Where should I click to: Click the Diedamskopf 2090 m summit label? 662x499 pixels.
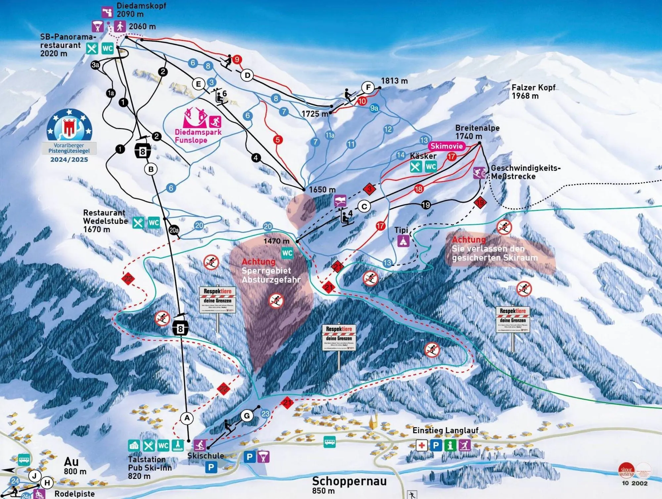click(141, 10)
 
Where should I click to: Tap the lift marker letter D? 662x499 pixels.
click(247, 75)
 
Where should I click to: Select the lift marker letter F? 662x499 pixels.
click(368, 88)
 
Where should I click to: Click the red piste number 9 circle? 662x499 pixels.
click(237, 60)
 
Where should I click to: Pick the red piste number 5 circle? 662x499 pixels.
click(278, 140)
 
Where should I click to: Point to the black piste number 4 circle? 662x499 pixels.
click(256, 158)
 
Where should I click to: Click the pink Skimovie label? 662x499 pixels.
click(446, 146)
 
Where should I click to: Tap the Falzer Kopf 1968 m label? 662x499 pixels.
click(533, 92)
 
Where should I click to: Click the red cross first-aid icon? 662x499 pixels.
click(421, 445)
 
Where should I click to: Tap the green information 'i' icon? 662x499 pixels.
click(450, 445)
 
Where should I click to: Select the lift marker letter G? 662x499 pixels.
click(247, 416)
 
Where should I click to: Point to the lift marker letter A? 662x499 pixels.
click(187, 418)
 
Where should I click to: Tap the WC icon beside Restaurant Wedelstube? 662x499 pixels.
click(154, 223)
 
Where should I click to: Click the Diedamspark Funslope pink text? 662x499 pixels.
click(198, 136)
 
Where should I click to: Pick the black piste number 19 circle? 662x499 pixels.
click(426, 205)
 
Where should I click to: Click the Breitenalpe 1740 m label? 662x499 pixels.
click(477, 132)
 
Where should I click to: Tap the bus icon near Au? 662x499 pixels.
click(24, 460)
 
